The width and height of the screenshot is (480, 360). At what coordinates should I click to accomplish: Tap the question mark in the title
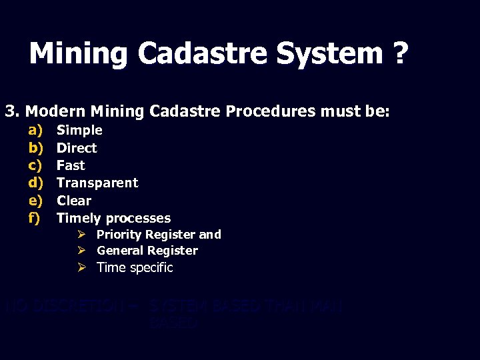pos(398,53)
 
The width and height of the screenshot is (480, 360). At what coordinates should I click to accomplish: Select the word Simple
pos(79,130)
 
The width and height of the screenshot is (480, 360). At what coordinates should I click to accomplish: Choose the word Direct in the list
pos(77,148)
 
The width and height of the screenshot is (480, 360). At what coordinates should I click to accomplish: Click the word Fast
pos(71,165)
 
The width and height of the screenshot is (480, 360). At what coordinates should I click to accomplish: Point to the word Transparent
pos(97,183)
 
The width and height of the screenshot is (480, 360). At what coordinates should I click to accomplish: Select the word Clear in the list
pos(74,200)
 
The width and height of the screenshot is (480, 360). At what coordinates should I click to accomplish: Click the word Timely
pos(79,218)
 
